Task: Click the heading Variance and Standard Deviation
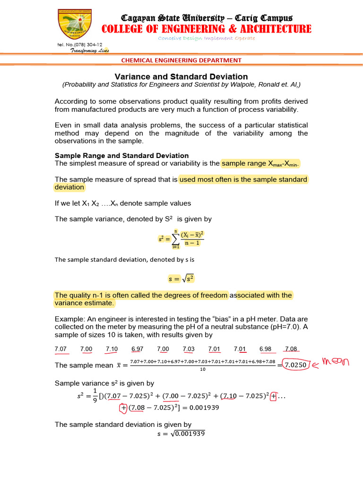click(181, 76)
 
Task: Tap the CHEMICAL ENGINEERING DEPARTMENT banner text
click(181, 60)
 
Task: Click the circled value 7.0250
click(296, 365)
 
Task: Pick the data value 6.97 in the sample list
click(138, 349)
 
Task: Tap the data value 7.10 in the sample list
click(112, 349)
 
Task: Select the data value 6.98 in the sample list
click(266, 349)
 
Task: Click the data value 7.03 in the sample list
click(189, 349)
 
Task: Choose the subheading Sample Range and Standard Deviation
click(122, 156)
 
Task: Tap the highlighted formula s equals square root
click(182, 279)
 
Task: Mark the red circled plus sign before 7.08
click(123, 408)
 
